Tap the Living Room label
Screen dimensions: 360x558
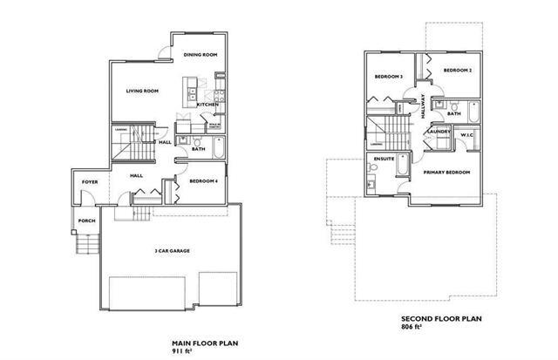coord(141,90)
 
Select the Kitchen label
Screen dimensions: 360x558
coord(207,105)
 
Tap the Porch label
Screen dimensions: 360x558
coord(85,221)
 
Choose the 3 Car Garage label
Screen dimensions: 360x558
coord(173,250)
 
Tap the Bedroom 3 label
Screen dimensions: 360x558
coord(388,77)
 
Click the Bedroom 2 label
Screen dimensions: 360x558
coord(457,70)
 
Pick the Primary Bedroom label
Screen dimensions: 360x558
coord(446,173)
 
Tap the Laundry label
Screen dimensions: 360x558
coord(439,132)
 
